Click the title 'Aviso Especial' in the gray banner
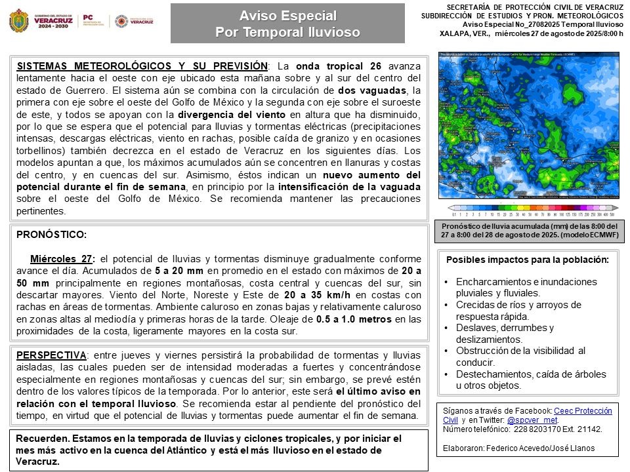(x=287, y=15)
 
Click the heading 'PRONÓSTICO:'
(x=52, y=234)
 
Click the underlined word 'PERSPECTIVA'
(x=52, y=355)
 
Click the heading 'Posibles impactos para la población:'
(x=528, y=259)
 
